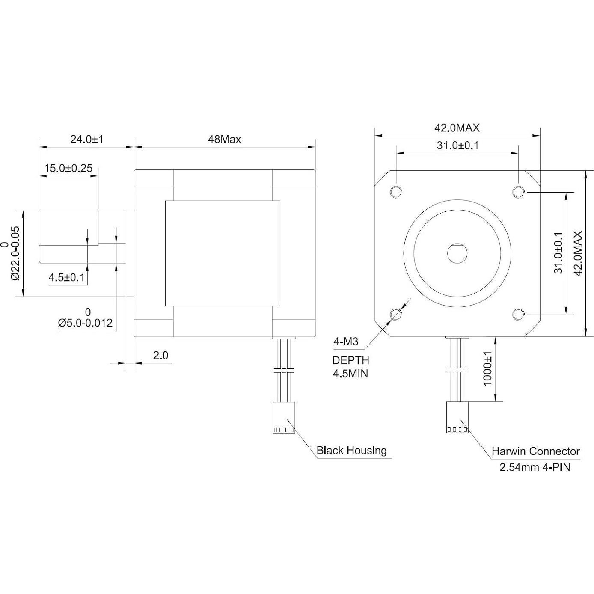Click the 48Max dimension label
[224, 140]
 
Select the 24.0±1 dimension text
[87, 140]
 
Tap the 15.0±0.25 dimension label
[68, 168]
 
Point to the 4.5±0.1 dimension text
[67, 278]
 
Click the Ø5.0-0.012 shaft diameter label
[85, 323]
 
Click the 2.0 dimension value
[160, 355]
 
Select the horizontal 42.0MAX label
[457, 128]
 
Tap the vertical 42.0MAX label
[578, 253]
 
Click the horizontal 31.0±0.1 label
[457, 146]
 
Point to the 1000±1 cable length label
[487, 369]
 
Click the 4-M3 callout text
[345, 342]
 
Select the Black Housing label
[351, 451]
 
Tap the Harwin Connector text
[535, 451]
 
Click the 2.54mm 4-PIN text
[535, 467]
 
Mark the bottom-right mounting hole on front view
[518, 315]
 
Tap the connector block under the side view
[284, 417]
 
